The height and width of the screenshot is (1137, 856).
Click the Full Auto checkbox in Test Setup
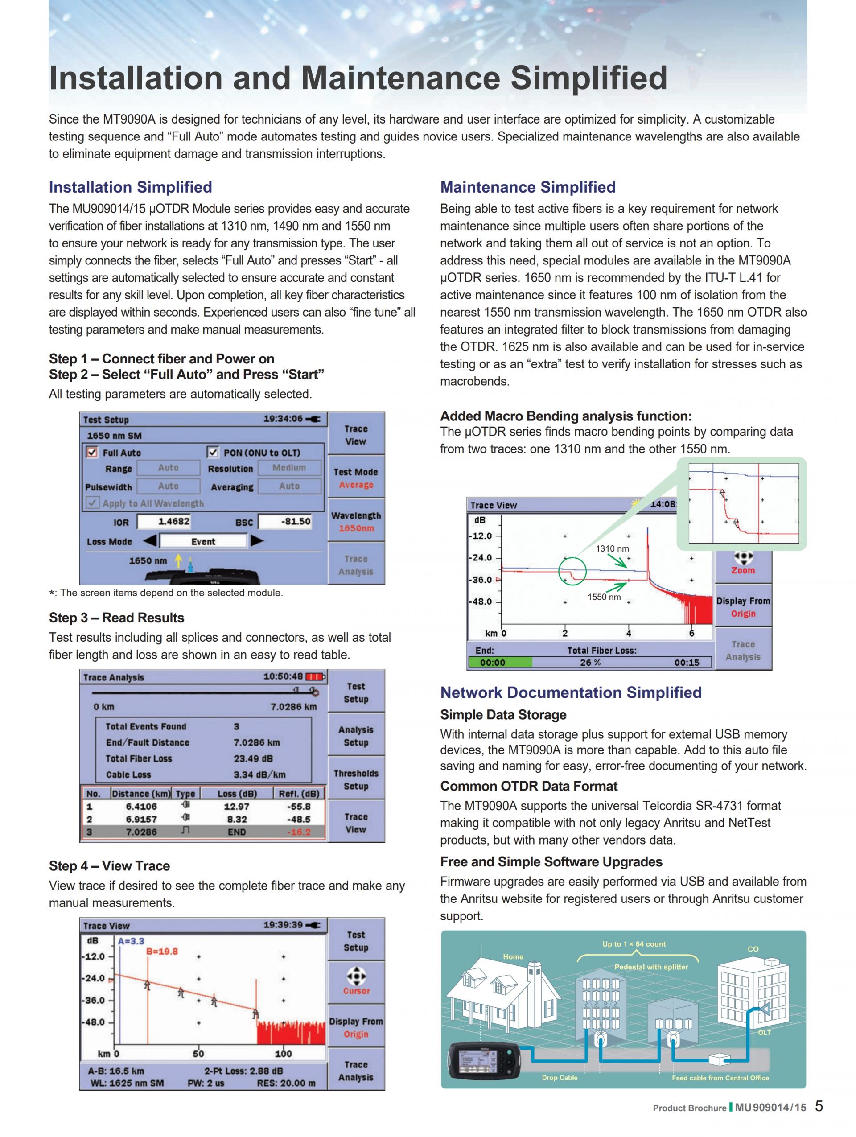pyautogui.click(x=92, y=452)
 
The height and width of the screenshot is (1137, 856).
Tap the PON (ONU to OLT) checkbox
pyautogui.click(x=212, y=452)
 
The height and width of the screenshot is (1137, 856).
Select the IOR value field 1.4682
pyautogui.click(x=174, y=521)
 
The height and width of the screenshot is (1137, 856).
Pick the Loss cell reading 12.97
pyautogui.click(x=236, y=807)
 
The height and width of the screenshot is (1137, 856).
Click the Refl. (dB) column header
pyautogui.click(x=299, y=794)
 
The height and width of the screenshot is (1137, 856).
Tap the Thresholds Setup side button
pyautogui.click(x=356, y=779)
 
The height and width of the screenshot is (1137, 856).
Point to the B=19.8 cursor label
pyautogui.click(x=162, y=952)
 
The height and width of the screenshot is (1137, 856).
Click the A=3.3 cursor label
pyautogui.click(x=131, y=941)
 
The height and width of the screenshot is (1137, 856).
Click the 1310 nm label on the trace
pyautogui.click(x=612, y=548)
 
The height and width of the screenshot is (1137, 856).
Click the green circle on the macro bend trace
pyautogui.click(x=572, y=571)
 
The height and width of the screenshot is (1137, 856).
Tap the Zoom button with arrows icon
pyautogui.click(x=743, y=562)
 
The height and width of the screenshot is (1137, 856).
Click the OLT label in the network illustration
pyautogui.click(x=764, y=1032)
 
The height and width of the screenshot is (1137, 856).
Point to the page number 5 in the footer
pyautogui.click(x=819, y=1106)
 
